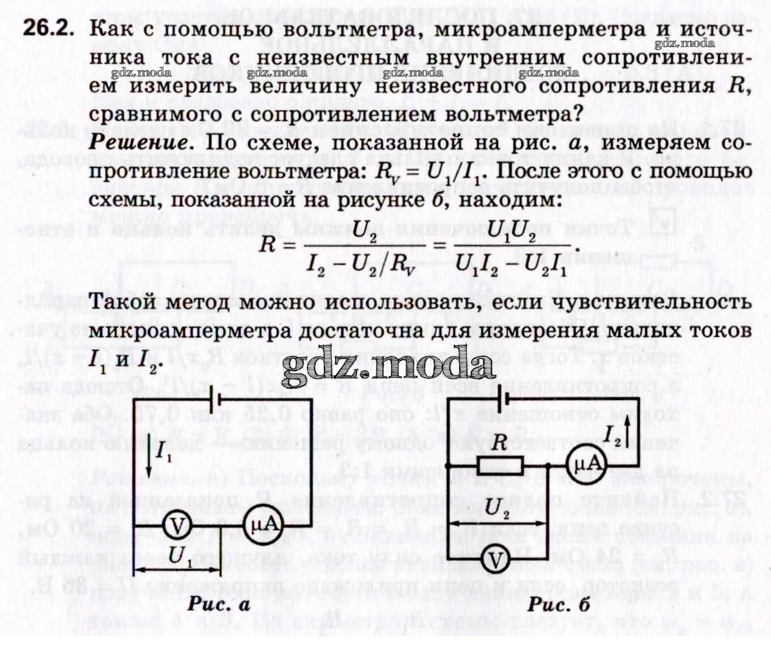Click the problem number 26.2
(x=48, y=29)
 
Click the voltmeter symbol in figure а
(x=177, y=526)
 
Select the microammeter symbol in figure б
(x=586, y=466)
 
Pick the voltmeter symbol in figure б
(x=495, y=561)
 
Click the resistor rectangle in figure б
(x=500, y=466)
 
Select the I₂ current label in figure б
(x=612, y=435)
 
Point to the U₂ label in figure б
(x=497, y=507)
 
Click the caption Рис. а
(x=219, y=604)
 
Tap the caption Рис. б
(x=559, y=604)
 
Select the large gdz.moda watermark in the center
(x=388, y=363)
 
